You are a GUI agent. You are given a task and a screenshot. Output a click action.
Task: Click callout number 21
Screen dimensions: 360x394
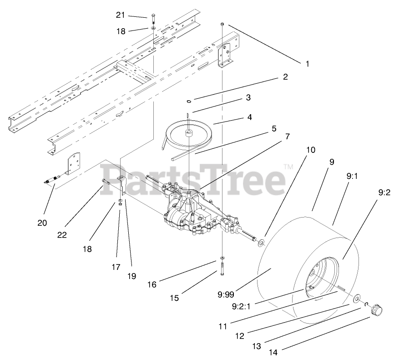120,15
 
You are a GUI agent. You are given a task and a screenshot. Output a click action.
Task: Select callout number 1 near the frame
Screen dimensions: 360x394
307,64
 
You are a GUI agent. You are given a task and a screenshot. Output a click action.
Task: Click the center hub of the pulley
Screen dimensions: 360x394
188,132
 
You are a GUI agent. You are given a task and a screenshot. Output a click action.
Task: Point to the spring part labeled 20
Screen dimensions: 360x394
52,180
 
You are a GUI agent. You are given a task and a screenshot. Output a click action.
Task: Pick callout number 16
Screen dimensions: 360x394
152,284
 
